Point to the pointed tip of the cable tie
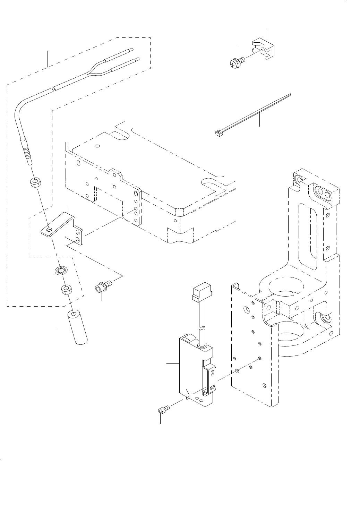click(x=291, y=94)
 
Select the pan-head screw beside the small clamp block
click(x=237, y=62)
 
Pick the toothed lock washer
click(x=61, y=271)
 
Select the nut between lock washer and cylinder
click(x=66, y=289)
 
